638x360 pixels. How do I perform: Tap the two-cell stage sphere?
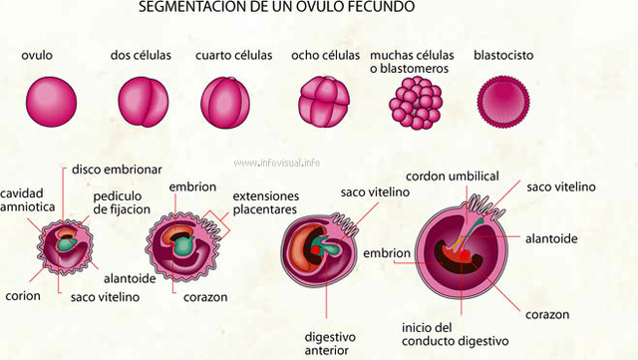pos(139,99)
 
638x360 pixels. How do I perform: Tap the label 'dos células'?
pos(141,55)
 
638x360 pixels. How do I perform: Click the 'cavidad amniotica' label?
pos(21,199)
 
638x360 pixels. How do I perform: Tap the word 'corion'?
pos(21,296)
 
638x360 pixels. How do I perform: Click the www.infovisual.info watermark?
pos(278,163)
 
